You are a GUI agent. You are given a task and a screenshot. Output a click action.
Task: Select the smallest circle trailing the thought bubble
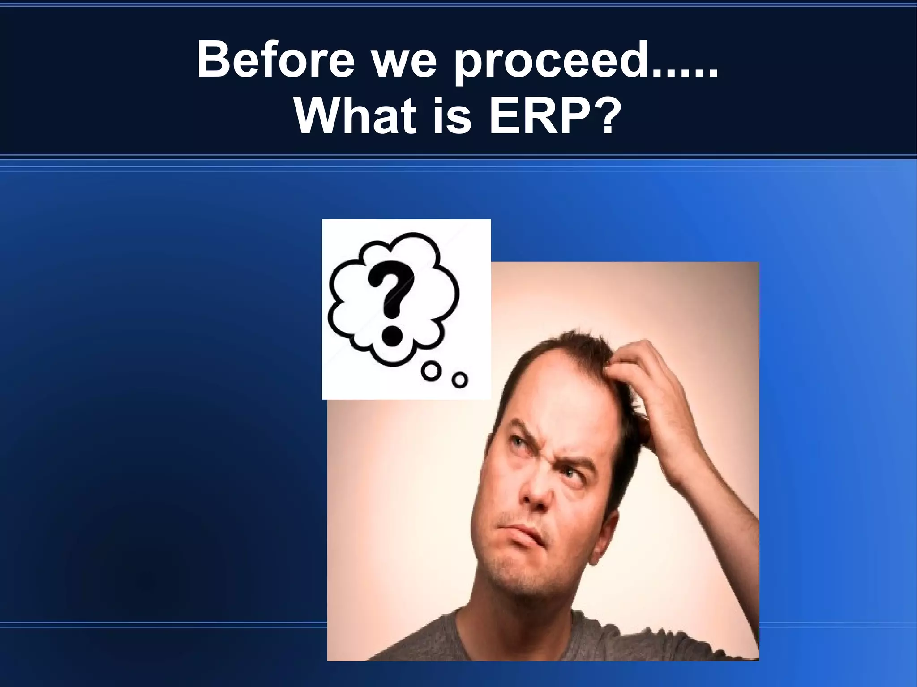pyautogui.click(x=459, y=380)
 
